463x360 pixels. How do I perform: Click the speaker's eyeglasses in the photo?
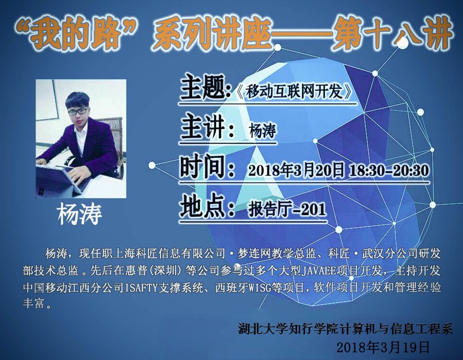[78, 111]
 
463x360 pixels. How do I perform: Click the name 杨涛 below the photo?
[80, 214]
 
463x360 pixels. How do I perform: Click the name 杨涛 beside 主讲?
[263, 131]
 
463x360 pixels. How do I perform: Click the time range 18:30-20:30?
[389, 170]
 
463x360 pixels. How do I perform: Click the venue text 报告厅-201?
[287, 209]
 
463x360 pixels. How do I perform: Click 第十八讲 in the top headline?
[393, 33]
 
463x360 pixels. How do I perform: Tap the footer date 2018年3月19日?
[383, 348]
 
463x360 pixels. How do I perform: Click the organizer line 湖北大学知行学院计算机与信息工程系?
[345, 329]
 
